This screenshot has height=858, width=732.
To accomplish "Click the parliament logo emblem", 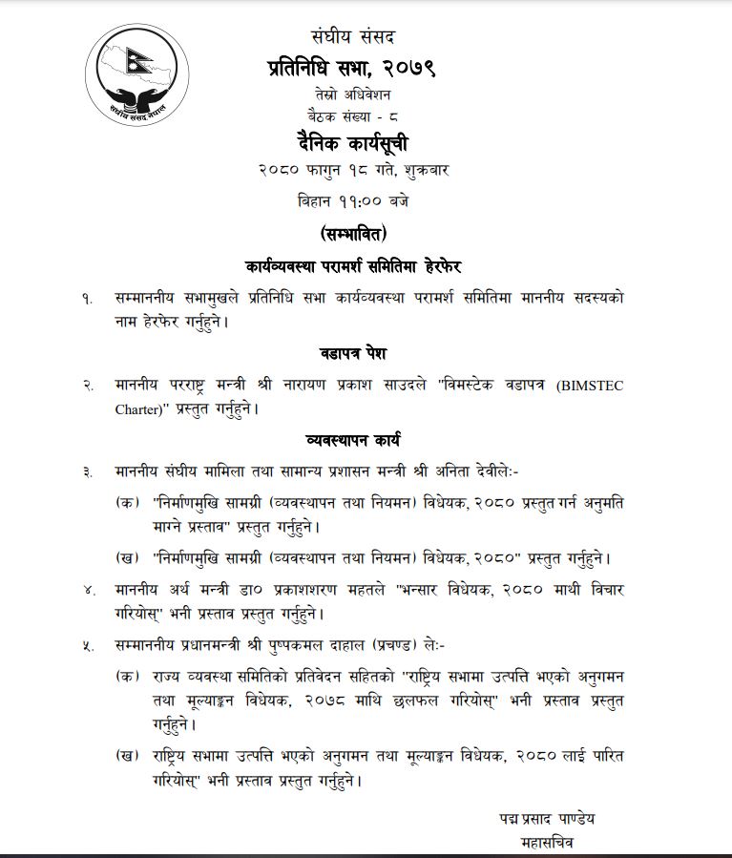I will click(131, 80).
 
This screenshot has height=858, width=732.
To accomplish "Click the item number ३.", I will click(87, 471).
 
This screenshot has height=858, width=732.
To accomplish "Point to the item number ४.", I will click(87, 589).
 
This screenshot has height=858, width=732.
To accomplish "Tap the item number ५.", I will click(87, 645).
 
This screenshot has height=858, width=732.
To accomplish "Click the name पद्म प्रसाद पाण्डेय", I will click(548, 819).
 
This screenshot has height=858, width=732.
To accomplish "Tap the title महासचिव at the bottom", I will click(548, 843).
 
